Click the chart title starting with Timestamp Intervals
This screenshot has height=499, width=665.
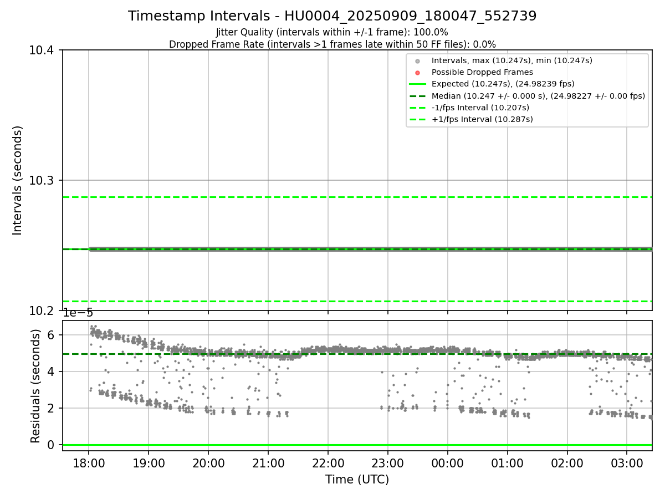332,16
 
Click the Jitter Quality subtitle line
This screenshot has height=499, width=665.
332,32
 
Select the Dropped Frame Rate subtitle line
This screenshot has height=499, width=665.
332,44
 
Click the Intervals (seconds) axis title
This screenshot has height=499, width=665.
18,180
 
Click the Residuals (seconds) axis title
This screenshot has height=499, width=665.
35,385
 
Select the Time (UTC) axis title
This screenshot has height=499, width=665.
357,480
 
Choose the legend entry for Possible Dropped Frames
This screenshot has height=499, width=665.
482,72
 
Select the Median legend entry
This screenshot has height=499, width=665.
538,96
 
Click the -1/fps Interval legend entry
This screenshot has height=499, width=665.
480,108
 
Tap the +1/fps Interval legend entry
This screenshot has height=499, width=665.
482,119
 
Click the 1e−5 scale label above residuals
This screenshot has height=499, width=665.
78,313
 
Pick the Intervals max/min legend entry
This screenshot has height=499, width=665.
511,60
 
